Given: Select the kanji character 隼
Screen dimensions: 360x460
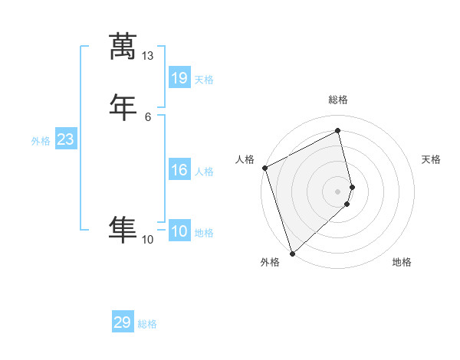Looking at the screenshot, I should click(x=123, y=229).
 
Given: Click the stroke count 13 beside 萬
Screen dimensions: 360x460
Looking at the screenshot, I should click(x=147, y=56).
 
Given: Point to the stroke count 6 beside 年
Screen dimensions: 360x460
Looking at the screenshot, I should click(x=147, y=116).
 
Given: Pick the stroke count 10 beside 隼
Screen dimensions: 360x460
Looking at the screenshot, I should click(x=147, y=240).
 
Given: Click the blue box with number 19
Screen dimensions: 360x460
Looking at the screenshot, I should click(x=179, y=78).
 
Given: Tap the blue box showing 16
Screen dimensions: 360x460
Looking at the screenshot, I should click(x=179, y=170).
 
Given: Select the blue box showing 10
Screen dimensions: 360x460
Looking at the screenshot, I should click(x=179, y=231).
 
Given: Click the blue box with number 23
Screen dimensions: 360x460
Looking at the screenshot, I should click(x=65, y=139).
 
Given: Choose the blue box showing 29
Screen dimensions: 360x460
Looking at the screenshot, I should click(x=122, y=322).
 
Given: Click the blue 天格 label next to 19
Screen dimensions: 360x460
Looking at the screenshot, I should click(x=204, y=80).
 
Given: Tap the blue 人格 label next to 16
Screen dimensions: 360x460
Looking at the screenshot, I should click(x=204, y=172).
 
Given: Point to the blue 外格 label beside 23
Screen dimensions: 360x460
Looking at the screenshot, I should click(x=41, y=141).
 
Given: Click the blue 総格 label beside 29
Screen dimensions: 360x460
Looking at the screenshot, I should click(x=147, y=324).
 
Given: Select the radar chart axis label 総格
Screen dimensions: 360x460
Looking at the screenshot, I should click(x=338, y=100).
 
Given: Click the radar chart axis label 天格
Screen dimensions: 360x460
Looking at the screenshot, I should click(x=431, y=159).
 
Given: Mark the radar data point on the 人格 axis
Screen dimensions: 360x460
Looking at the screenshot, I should click(x=264, y=168).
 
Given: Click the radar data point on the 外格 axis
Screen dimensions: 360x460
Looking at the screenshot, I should click(x=291, y=253).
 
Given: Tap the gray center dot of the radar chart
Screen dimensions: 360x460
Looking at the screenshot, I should click(x=338, y=191).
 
